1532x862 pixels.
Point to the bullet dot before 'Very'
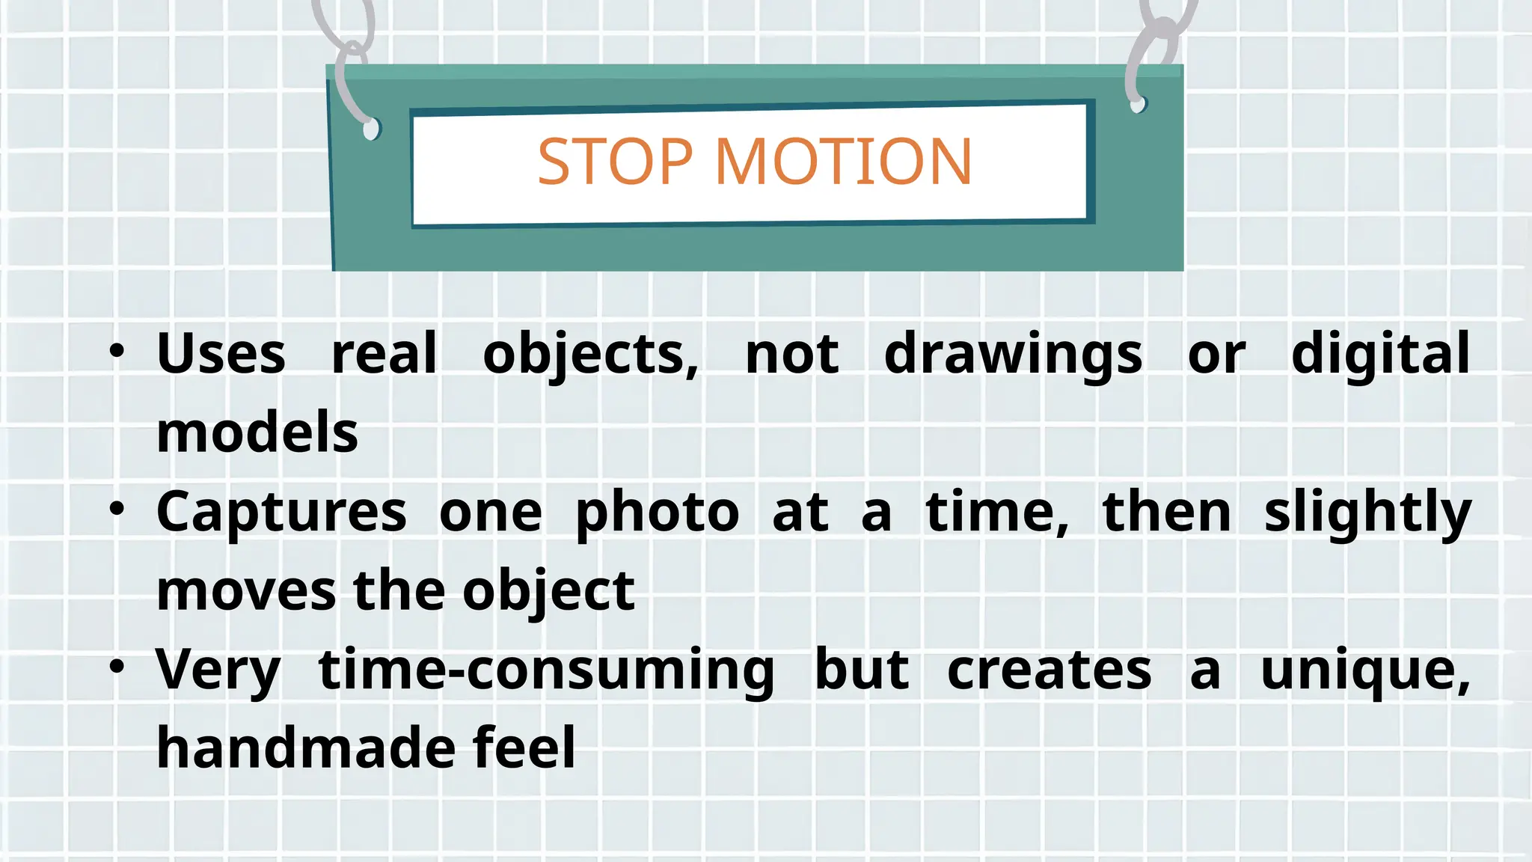pos(117,667)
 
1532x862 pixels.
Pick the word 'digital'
pos(1380,353)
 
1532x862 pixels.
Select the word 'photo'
pos(658,513)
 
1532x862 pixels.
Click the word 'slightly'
pos(1367,513)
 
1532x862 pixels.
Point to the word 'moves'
pos(246,591)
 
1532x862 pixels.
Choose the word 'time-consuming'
pos(546,671)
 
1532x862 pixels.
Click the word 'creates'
pos(1049,670)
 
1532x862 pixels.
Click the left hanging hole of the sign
pos(371,129)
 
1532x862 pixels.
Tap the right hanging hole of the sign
pos(1138,104)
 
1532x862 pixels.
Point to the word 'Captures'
pos(281,513)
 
